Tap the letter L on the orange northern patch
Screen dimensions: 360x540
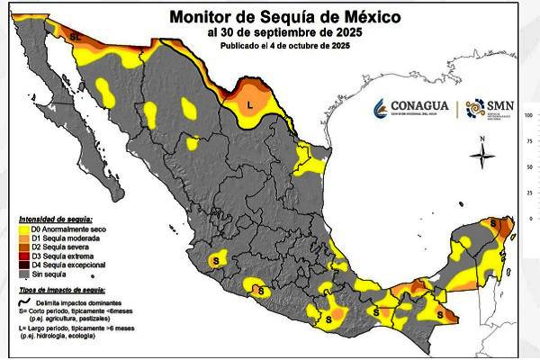(251, 105)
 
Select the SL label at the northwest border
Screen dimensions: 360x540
(76, 36)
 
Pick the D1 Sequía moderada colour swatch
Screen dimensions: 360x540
(23, 238)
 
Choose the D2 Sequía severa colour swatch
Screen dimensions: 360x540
(23, 247)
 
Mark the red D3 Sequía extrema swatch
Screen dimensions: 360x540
(23, 256)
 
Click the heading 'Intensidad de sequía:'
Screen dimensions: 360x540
(53, 220)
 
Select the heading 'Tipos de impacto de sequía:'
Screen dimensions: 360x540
(61, 291)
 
